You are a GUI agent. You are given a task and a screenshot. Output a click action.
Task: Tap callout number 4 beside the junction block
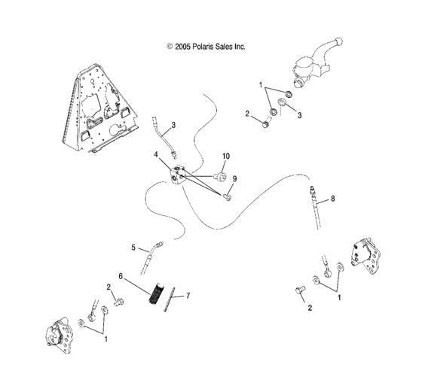[157, 155]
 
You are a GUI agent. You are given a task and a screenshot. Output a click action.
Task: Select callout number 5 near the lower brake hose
[133, 247]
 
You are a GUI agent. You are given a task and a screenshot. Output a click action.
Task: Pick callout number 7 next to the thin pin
[188, 296]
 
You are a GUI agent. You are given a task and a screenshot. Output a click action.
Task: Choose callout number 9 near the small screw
[234, 178]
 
